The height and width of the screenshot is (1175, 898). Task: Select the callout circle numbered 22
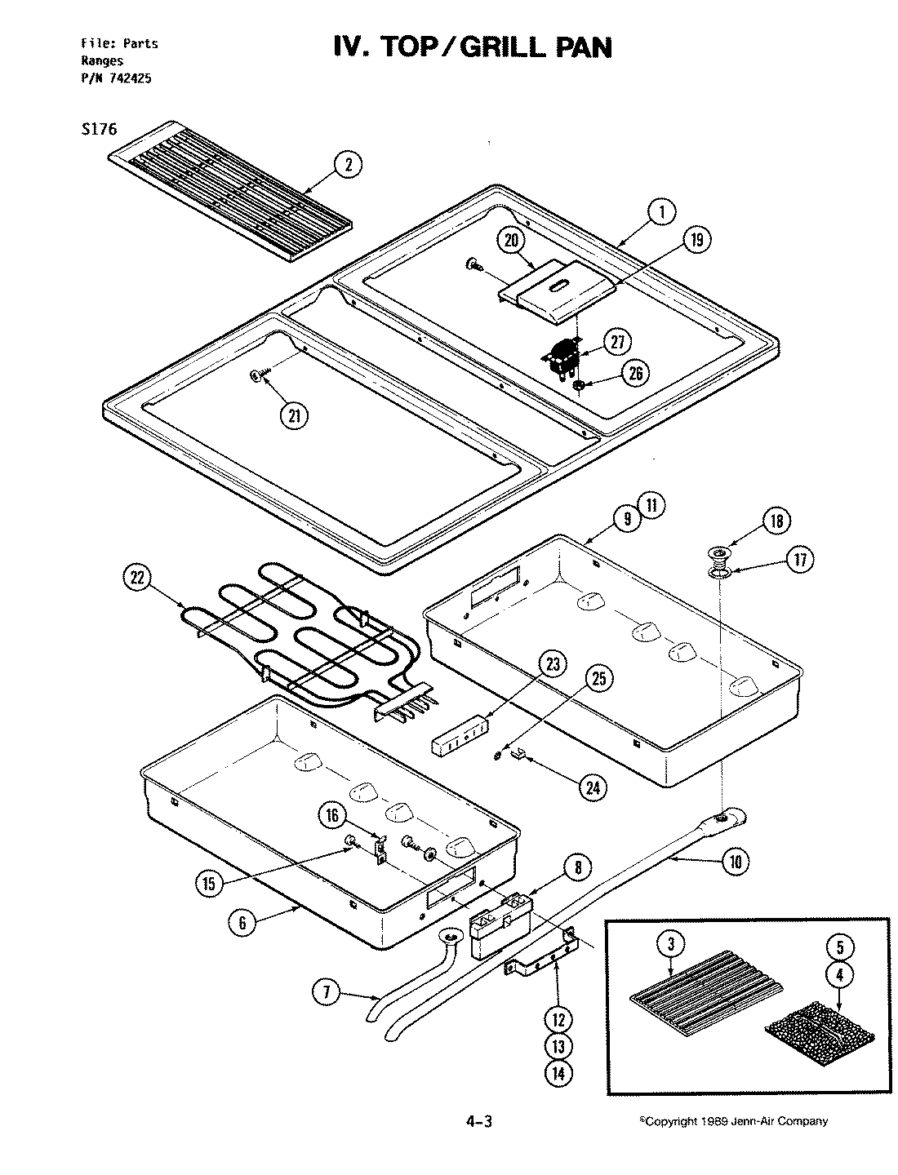click(137, 578)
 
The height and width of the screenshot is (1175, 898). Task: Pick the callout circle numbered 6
click(242, 923)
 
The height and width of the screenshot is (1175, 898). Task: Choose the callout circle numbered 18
click(776, 520)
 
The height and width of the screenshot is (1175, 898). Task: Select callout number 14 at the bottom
click(558, 1073)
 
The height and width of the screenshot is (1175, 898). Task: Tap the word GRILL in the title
click(495, 48)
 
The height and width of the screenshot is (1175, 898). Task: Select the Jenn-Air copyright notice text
click(732, 1121)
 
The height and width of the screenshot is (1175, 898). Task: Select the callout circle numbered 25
click(600, 678)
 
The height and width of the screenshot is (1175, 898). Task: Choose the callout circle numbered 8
click(577, 868)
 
